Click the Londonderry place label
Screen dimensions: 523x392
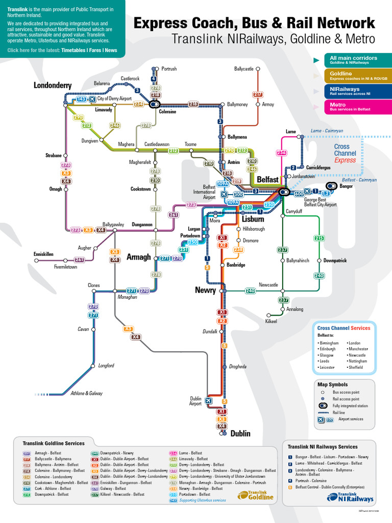click(x=53, y=85)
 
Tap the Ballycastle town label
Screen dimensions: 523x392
click(x=243, y=69)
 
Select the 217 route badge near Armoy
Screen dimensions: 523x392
click(x=258, y=94)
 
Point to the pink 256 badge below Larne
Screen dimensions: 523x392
click(x=281, y=153)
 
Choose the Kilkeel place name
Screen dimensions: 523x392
click(x=271, y=321)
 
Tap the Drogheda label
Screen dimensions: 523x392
click(x=237, y=367)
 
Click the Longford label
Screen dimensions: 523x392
click(x=106, y=366)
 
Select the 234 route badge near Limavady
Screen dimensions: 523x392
click(x=138, y=104)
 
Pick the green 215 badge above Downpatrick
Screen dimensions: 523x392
click(x=320, y=238)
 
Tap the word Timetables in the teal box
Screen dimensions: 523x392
click(x=75, y=51)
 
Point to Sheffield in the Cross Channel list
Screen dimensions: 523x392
click(x=356, y=367)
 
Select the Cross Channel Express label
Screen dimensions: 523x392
click(x=345, y=153)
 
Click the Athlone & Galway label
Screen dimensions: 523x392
click(x=86, y=393)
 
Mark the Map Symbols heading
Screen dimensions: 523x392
click(x=332, y=385)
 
